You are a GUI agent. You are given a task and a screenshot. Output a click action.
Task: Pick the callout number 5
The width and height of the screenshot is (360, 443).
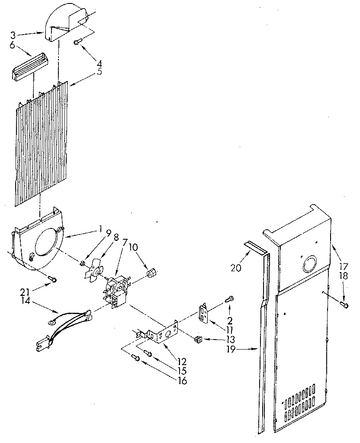[x=100, y=72]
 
